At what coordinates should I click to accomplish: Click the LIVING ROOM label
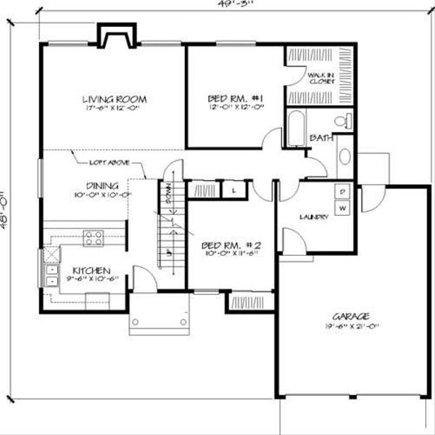[115, 99]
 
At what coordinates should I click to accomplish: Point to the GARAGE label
[351, 316]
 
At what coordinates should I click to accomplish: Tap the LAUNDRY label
[315, 217]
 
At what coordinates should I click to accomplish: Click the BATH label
[321, 137]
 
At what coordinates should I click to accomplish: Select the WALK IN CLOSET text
[320, 78]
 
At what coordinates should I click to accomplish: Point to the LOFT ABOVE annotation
[109, 163]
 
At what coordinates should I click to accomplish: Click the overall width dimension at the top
[217, 4]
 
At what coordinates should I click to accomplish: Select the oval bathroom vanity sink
[344, 157]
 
